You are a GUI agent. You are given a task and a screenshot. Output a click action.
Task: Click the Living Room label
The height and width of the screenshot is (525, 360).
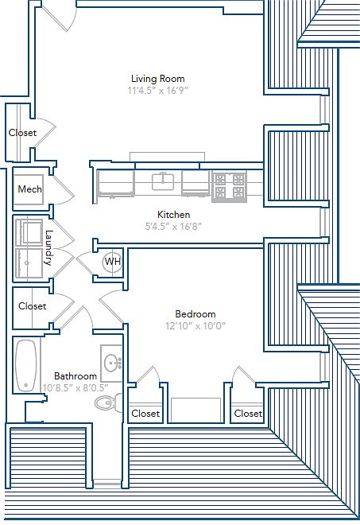coord(157,79)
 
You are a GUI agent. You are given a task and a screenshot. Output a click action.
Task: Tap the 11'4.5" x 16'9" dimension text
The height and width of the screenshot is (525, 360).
coord(158,91)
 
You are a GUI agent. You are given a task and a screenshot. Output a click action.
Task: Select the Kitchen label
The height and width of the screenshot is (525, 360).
coord(174,214)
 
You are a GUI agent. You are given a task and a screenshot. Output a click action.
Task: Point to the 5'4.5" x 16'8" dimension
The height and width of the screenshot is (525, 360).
coord(173,227)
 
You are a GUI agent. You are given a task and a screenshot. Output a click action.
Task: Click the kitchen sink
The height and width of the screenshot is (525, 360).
coord(163,181)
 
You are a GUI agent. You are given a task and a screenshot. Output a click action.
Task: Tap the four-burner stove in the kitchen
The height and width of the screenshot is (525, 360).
coord(230,186)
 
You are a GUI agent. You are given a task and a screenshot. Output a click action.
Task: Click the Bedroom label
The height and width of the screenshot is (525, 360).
coord(195,314)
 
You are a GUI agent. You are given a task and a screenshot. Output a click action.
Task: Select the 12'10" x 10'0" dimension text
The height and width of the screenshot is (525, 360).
coord(195,326)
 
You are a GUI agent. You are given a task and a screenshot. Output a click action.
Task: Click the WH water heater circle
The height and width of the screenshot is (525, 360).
coord(112,262)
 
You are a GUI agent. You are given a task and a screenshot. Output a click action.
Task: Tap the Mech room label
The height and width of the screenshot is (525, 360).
coord(29,189)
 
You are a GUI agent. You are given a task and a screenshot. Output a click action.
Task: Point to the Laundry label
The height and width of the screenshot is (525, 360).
coord(48,247)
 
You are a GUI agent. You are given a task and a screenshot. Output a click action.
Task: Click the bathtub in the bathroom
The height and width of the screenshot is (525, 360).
coord(26,366)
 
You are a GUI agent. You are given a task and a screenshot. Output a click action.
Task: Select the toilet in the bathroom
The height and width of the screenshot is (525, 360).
coord(108,402)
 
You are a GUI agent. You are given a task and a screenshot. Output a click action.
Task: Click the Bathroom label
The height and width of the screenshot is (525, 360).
coord(75,376)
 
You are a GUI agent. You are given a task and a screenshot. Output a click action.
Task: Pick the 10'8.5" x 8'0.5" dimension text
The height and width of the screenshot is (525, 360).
coord(75,388)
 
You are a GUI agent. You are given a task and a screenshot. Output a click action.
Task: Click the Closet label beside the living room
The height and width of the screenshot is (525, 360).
coord(22,133)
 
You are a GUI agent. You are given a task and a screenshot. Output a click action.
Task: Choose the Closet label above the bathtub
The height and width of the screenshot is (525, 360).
coord(33,306)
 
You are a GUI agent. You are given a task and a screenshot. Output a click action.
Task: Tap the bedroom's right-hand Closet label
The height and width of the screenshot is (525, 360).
coord(248,414)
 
